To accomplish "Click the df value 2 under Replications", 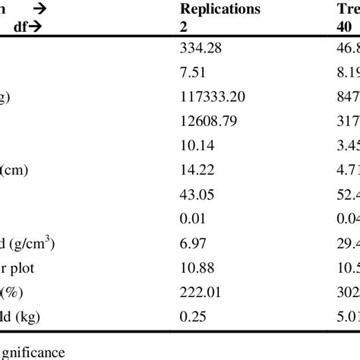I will (x=181, y=24).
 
